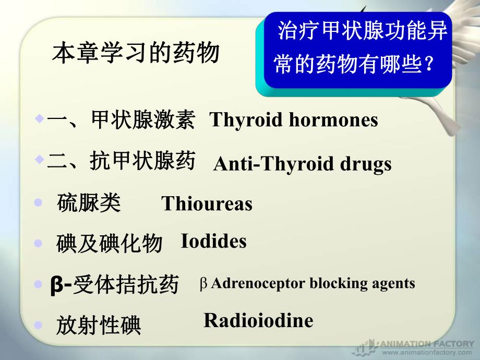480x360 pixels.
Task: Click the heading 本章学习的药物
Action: [135, 53]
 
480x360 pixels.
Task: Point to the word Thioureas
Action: [207, 204]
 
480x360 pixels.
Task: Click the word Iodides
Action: [213, 242]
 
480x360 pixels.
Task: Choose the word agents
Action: [389, 283]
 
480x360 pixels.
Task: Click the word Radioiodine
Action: [258, 320]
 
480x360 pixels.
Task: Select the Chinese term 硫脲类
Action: [89, 203]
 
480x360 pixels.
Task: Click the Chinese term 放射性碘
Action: [99, 326]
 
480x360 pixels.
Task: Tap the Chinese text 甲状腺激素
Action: [143, 121]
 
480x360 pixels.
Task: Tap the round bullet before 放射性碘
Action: [38, 325]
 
